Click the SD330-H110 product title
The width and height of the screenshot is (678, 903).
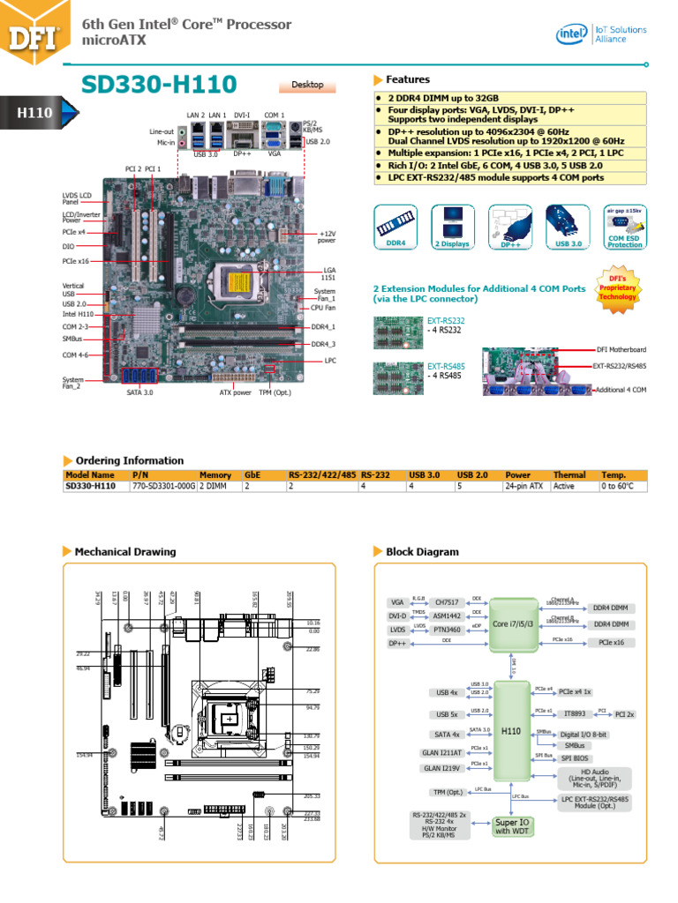pyautogui.click(x=158, y=85)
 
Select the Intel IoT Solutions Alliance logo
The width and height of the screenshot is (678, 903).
pyautogui.click(x=601, y=34)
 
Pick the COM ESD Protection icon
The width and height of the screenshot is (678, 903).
pyautogui.click(x=625, y=227)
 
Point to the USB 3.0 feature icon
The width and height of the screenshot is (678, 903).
pyautogui.click(x=566, y=226)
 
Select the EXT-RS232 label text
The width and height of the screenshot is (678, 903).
pyautogui.click(x=446, y=321)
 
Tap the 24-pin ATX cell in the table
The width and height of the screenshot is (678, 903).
pyautogui.click(x=524, y=486)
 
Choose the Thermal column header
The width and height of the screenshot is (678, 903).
pyautogui.click(x=569, y=474)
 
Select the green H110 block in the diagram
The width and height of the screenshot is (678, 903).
pyautogui.click(x=511, y=731)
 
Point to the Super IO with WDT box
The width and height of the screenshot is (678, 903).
pyautogui.click(x=513, y=826)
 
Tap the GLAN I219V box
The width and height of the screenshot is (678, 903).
pyautogui.click(x=441, y=768)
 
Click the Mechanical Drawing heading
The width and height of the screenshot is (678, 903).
pyautogui.click(x=124, y=552)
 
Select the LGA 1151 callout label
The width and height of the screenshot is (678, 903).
pyautogui.click(x=328, y=273)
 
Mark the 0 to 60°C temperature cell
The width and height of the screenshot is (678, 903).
pyautogui.click(x=621, y=486)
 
